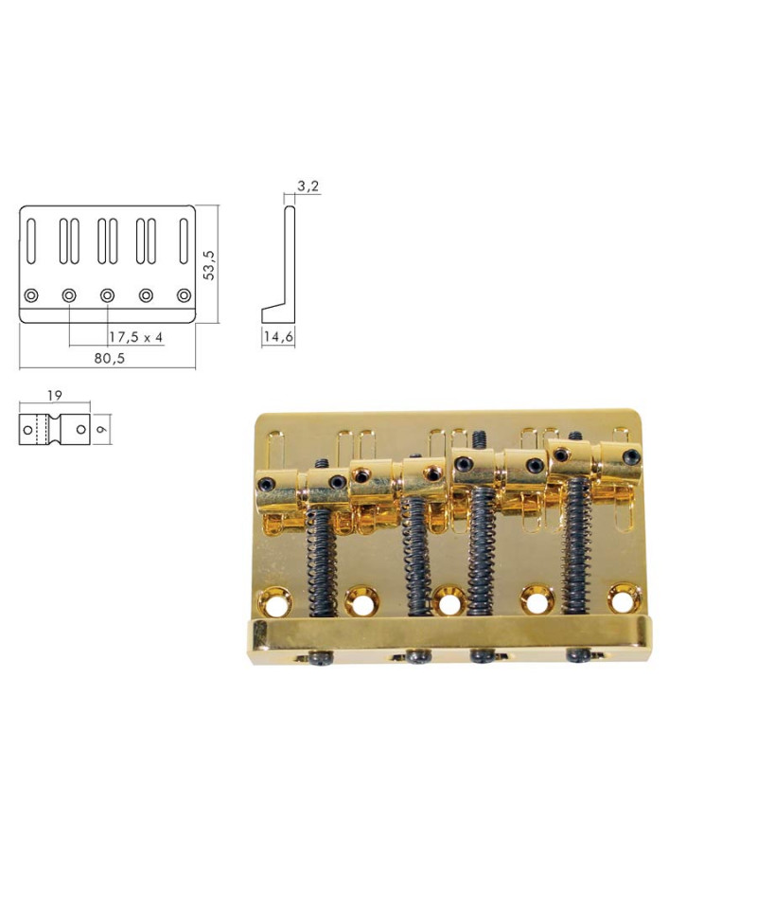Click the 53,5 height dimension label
pos(210,264)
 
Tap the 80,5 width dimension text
pos(110,358)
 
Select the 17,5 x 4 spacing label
pos(136,337)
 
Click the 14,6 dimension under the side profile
pos(278,337)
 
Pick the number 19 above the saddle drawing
pos(54,396)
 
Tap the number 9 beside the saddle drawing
pos(102,430)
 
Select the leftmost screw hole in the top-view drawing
pos(30,295)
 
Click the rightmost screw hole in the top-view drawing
pos(185,295)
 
